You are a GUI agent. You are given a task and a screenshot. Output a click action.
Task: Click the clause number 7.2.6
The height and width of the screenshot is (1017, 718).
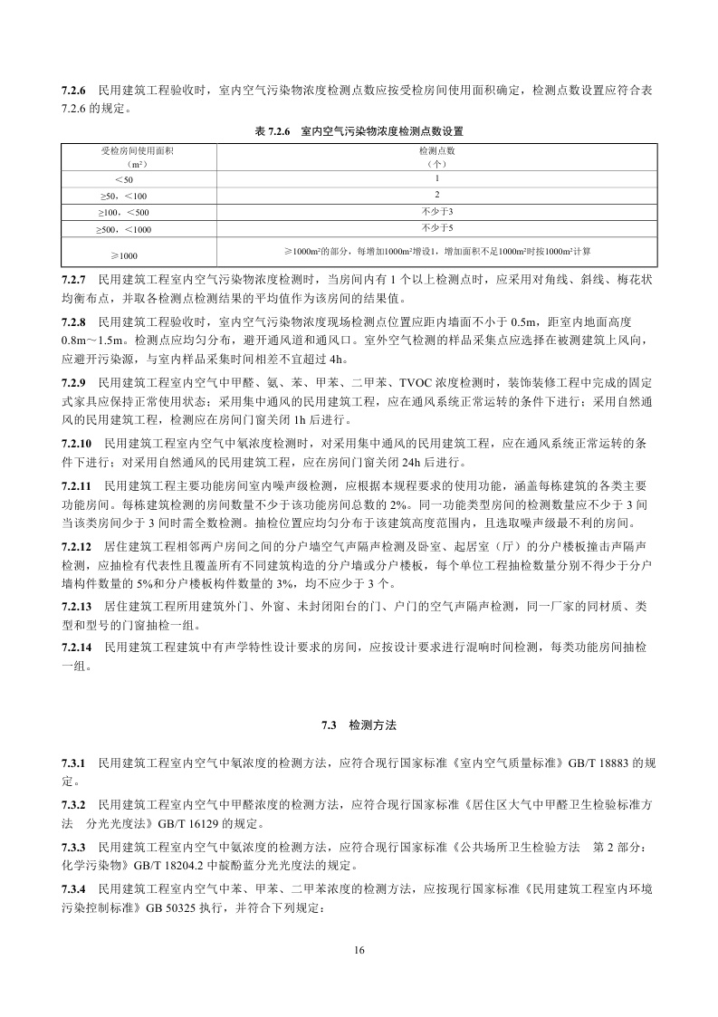[74, 91]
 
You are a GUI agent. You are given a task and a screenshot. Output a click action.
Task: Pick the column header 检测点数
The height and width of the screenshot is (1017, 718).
[436, 150]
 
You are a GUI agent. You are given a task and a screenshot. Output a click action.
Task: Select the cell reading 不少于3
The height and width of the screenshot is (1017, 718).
[436, 211]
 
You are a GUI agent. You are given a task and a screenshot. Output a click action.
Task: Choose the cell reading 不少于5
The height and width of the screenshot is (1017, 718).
[436, 226]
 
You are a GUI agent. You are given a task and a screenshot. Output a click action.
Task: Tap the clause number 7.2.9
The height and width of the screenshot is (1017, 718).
[74, 385]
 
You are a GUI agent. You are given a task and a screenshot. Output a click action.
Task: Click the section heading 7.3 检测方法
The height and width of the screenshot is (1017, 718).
[359, 725]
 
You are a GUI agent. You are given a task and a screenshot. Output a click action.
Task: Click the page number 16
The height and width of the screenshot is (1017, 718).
[359, 950]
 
